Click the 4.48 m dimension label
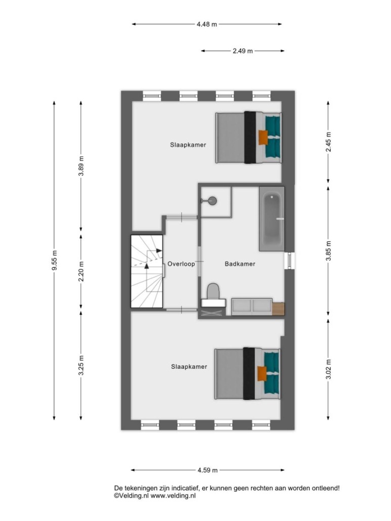pyautogui.click(x=207, y=24)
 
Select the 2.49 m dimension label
pyautogui.click(x=242, y=51)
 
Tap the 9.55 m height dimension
pyautogui.click(x=55, y=260)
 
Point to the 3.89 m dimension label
pyautogui.click(x=81, y=165)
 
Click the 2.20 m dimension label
pyautogui.click(x=81, y=272)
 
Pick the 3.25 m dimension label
pyautogui.click(x=81, y=365)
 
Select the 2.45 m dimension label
pyautogui.click(x=329, y=142)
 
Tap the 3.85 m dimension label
pyautogui.click(x=329, y=251)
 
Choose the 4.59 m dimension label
pyautogui.click(x=207, y=470)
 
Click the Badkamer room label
pyautogui.click(x=240, y=264)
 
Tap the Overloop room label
pyautogui.click(x=181, y=264)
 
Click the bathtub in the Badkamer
pyautogui.click(x=272, y=219)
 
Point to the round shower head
pyautogui.click(x=212, y=201)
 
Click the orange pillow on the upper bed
pyautogui.click(x=263, y=137)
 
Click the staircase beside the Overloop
pyautogui.click(x=147, y=272)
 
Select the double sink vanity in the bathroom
pyautogui.click(x=252, y=307)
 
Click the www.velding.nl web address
pyautogui.click(x=173, y=496)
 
